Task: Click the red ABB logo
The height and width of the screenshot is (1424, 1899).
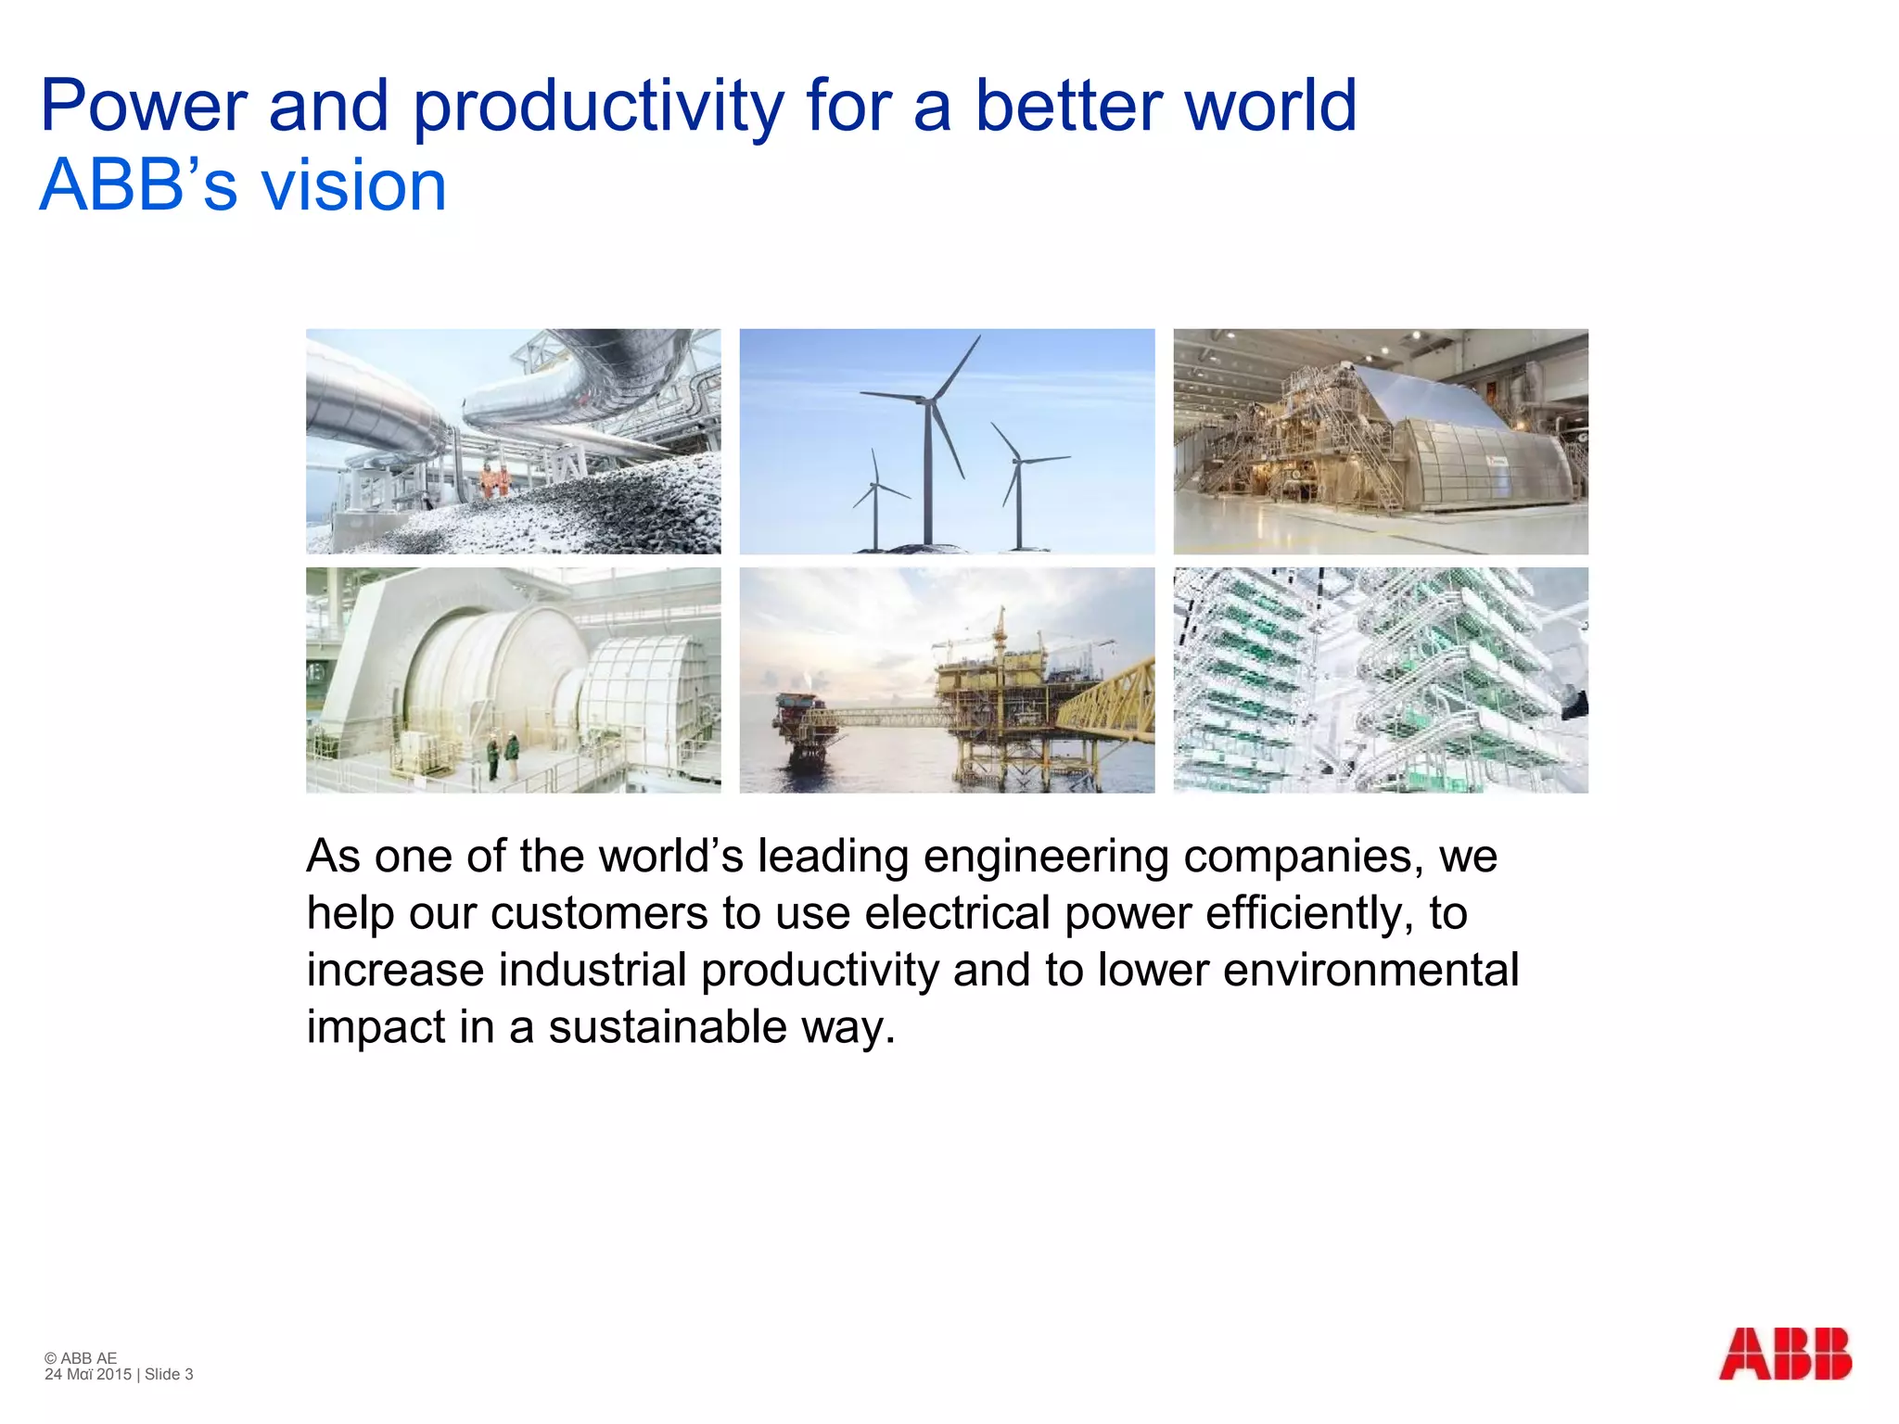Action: point(1784,1354)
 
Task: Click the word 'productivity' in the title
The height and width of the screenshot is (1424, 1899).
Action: point(598,107)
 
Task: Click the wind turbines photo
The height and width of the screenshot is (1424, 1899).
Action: point(947,441)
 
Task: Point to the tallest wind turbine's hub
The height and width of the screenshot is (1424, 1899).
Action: point(926,400)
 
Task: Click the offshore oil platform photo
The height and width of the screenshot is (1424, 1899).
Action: point(947,680)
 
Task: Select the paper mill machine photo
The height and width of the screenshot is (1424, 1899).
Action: point(1380,441)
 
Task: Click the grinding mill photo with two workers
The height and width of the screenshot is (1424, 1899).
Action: point(513,680)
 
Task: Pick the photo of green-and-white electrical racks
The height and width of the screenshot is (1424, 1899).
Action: point(1380,680)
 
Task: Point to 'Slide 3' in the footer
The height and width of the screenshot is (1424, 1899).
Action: point(169,1374)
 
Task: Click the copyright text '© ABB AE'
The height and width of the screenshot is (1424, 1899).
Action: point(81,1358)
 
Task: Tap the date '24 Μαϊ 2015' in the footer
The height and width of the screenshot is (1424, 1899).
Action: point(88,1374)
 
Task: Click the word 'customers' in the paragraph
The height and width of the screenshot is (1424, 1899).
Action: point(599,914)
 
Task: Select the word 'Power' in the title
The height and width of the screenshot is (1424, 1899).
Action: point(144,107)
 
